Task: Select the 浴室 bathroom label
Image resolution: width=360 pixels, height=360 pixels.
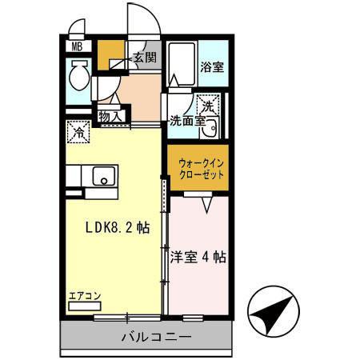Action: click(x=212, y=67)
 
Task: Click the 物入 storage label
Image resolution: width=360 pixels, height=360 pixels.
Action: click(x=110, y=117)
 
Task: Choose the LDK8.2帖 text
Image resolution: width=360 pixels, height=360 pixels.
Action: click(x=118, y=227)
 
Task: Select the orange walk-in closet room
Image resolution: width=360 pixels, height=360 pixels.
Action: click(x=199, y=170)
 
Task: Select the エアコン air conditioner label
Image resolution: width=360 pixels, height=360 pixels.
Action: click(x=84, y=295)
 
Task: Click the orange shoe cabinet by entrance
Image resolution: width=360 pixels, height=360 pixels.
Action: click(x=109, y=54)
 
